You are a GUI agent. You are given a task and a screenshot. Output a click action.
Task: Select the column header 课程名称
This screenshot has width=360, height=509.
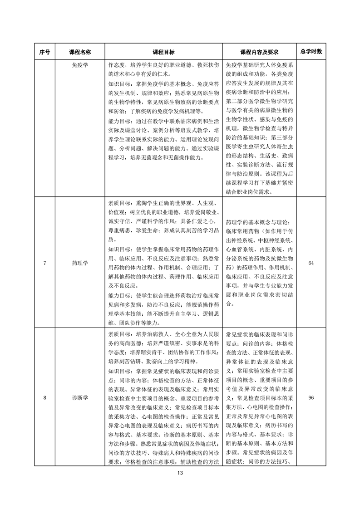pos(80,52)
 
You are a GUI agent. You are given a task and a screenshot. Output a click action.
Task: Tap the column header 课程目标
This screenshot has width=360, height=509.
pos(164,52)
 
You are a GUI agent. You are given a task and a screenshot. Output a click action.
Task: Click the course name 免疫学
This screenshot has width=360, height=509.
pos(80,65)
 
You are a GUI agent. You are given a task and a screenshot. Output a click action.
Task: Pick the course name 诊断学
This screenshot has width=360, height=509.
pos(80,398)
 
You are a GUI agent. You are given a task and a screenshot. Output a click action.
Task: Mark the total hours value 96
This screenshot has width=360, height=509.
pos(311,398)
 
